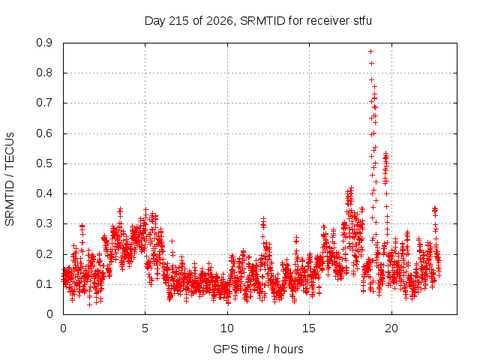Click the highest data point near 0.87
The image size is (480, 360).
pos(370,52)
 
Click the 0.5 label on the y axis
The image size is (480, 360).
pos(44,163)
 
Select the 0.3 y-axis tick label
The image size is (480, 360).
pos(44,223)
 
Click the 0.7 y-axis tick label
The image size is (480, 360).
pos(44,103)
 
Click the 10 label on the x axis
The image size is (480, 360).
pos(227,328)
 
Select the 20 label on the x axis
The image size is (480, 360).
pos(391,328)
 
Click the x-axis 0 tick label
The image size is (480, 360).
pos(63,328)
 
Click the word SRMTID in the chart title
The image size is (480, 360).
pos(262,21)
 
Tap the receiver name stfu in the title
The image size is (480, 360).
pos(363,21)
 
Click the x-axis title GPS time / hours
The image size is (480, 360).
pos(258,349)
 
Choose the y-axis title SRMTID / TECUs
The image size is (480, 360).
pos(10,179)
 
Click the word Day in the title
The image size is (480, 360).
pos(155,21)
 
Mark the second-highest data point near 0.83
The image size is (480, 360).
pos(372,63)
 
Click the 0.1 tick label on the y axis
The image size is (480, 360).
pos(44,284)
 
